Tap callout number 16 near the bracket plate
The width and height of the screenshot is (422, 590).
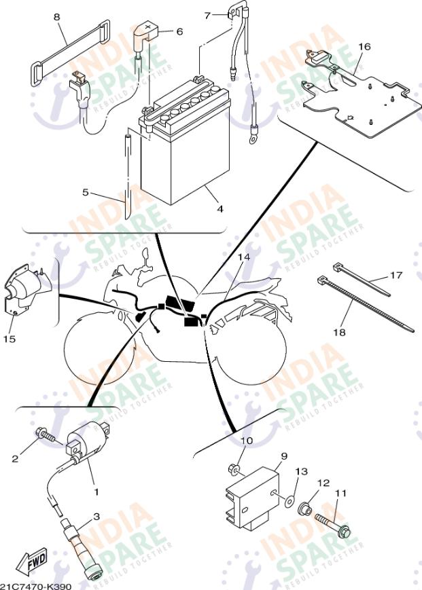point(364,46)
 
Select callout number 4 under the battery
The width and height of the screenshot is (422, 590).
point(219,208)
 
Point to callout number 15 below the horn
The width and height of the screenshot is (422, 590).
point(10,337)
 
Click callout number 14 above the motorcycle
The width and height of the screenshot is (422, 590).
point(243,258)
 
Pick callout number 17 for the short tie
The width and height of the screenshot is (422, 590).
point(396,275)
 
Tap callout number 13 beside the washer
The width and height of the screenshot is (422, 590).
point(301,471)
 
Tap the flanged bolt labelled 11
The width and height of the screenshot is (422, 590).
point(335,522)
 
